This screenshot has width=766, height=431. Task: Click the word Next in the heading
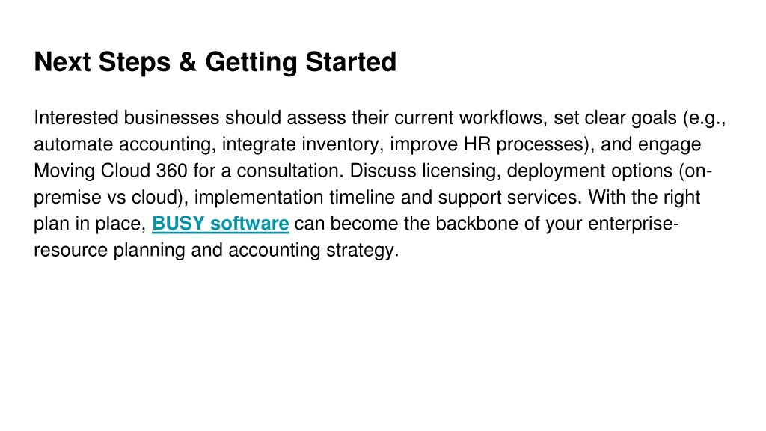pos(62,62)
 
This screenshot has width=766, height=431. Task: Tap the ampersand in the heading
pos(188,62)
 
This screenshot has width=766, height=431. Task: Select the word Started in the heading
pos(351,62)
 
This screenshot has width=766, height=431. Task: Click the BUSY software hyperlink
pos(221,224)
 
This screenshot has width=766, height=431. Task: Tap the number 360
pos(171,171)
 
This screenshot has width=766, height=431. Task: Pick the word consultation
pos(291,171)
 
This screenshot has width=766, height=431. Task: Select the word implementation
pos(259,198)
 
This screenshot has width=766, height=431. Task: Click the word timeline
pos(362,198)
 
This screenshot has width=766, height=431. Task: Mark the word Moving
pos(64,171)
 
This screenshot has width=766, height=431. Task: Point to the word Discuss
pos(384,171)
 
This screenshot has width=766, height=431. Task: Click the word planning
pos(149,250)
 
